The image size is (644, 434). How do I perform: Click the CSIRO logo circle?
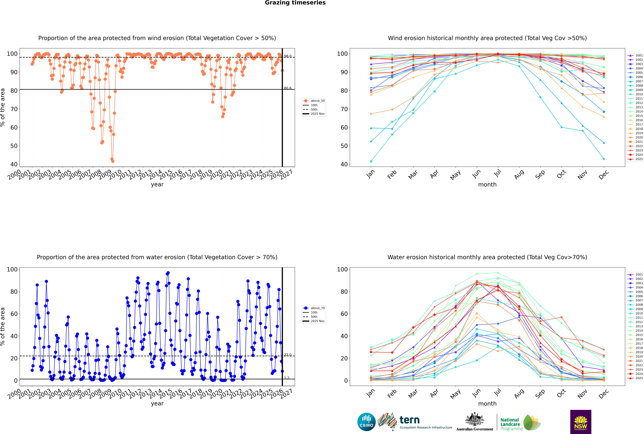click(x=366, y=422)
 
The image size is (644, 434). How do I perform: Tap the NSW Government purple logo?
click(x=581, y=422)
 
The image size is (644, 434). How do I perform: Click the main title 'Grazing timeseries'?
click(x=295, y=3)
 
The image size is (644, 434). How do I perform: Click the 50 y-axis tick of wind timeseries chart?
click(x=14, y=146)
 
